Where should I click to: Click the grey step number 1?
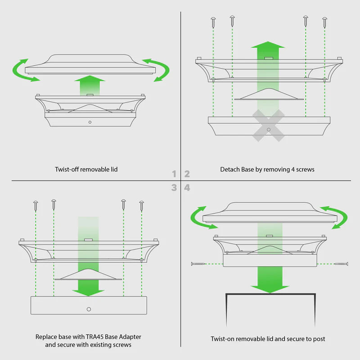click(x=174, y=174)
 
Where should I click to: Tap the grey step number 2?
click(x=187, y=174)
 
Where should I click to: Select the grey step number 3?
click(x=174, y=188)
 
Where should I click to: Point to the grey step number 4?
click(x=187, y=188)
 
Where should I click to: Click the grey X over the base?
click(x=268, y=126)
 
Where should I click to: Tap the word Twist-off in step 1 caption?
click(x=67, y=170)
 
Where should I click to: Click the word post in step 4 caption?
click(x=319, y=339)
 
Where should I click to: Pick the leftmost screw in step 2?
click(x=213, y=22)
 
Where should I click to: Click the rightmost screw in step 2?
click(x=324, y=22)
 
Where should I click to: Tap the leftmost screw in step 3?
click(x=36, y=206)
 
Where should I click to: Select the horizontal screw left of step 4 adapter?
click(x=198, y=264)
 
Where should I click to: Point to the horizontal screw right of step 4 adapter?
click(x=342, y=264)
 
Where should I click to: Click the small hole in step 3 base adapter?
click(x=89, y=309)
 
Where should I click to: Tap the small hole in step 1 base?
click(x=90, y=122)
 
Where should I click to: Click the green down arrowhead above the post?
click(x=270, y=289)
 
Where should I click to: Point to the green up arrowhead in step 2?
click(x=268, y=45)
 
